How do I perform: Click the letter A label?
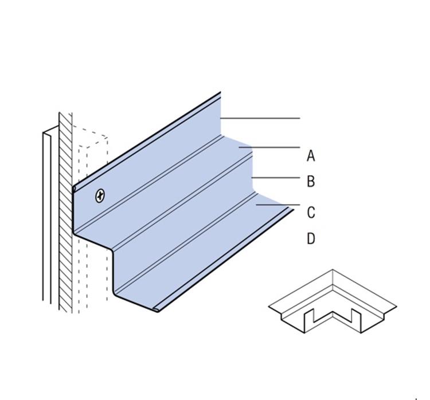[311, 155]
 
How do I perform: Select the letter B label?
[311, 182]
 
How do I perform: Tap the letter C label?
[311, 213]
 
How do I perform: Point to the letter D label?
[311, 238]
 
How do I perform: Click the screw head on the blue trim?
[100, 196]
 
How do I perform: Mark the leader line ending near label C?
[277, 205]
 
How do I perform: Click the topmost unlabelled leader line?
[260, 119]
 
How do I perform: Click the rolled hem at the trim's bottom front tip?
[156, 310]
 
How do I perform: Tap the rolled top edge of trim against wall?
[75, 188]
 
